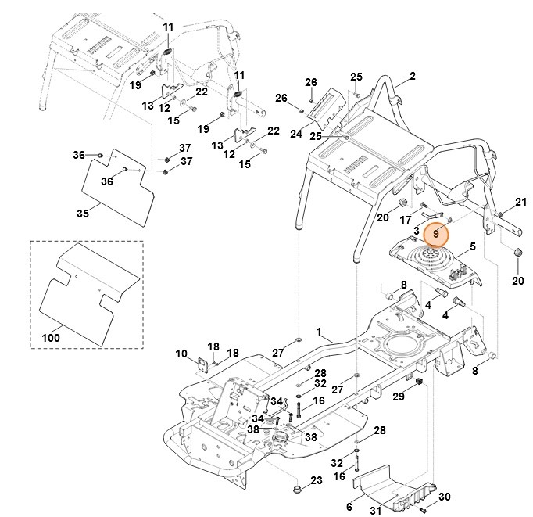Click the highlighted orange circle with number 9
point(438,232)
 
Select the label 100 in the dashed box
point(51,338)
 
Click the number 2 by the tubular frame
point(412,77)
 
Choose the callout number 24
point(296,134)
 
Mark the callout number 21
point(521,204)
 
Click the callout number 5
point(472,246)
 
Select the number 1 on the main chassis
point(319,332)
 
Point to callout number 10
point(181,354)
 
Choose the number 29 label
point(399,397)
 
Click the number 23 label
point(317,479)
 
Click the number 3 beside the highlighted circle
point(417,232)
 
